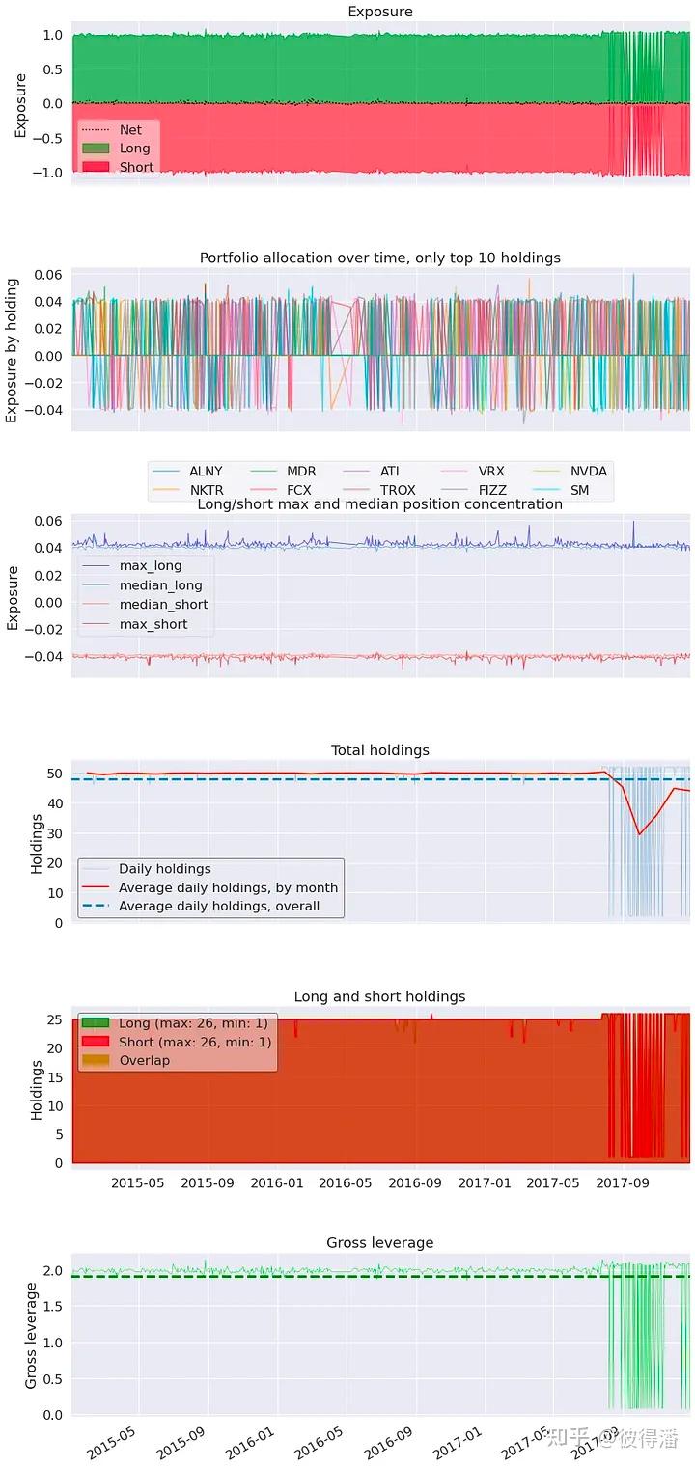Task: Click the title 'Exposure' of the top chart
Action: pos(379,12)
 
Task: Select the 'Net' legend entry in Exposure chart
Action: pos(129,129)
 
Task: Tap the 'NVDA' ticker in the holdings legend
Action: pos(588,472)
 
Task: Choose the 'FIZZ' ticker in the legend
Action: pos(492,490)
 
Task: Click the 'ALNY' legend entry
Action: pos(206,472)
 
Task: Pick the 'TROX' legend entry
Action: pos(398,490)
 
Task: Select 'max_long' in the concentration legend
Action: pos(150,565)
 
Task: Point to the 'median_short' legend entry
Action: pos(163,605)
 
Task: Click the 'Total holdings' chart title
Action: pos(379,750)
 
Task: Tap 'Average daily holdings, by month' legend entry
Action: pos(228,887)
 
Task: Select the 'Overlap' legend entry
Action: pos(144,1061)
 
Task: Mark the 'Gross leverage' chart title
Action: pos(379,1242)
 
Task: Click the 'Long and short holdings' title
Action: pos(379,996)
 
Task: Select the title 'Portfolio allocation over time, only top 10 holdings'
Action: pos(379,258)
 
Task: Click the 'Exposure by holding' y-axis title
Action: pos(13,349)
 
